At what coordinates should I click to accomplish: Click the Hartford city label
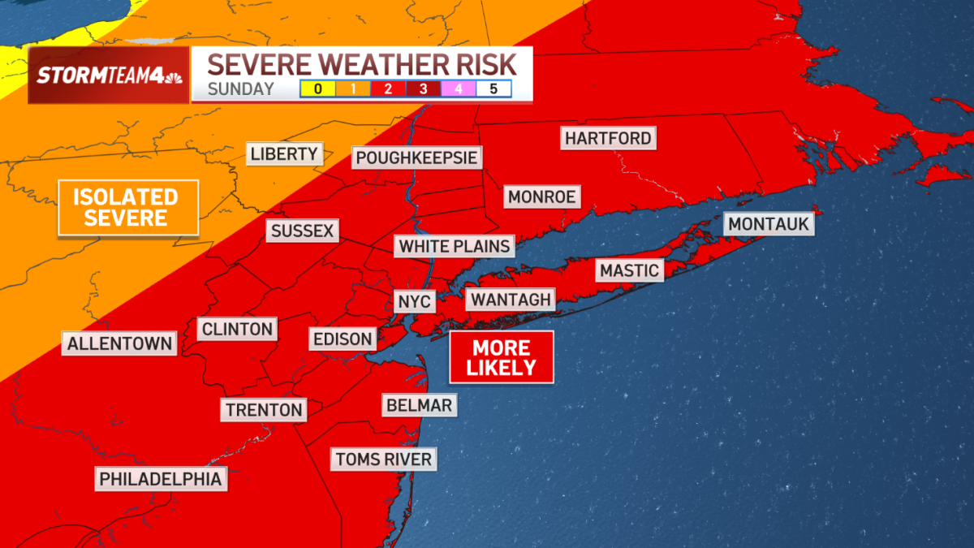(x=608, y=138)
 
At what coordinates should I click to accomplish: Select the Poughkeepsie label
(x=416, y=157)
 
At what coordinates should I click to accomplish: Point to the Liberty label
(x=284, y=153)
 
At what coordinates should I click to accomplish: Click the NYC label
(x=415, y=302)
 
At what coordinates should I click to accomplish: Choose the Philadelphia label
(x=160, y=479)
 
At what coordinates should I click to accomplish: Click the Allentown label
(x=119, y=343)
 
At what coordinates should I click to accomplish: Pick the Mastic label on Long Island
(x=629, y=270)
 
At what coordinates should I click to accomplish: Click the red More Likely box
(x=502, y=357)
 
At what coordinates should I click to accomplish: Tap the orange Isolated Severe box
(x=127, y=208)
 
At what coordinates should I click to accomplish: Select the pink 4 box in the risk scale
(x=458, y=88)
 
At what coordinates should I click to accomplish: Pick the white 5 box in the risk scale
(x=493, y=88)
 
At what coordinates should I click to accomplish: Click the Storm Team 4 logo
(x=109, y=76)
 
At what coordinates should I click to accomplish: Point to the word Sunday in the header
(x=240, y=89)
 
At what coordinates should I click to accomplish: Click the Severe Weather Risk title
(x=361, y=63)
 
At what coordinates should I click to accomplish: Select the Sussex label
(x=302, y=231)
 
